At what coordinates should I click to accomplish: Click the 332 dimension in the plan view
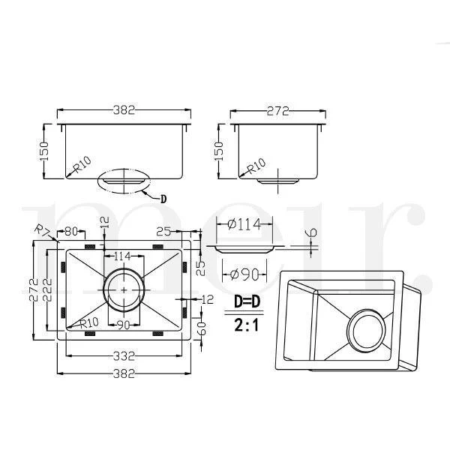click(124, 356)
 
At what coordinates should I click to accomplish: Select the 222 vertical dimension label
click(48, 289)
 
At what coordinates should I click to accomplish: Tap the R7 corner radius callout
click(41, 230)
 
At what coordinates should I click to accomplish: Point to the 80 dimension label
click(71, 231)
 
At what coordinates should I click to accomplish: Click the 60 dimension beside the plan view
click(202, 328)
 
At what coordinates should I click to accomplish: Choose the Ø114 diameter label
click(244, 224)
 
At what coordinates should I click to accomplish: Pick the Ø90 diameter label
click(244, 274)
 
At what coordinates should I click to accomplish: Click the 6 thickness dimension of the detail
click(312, 232)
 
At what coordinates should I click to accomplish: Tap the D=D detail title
click(247, 301)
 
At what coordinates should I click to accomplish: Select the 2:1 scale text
click(247, 325)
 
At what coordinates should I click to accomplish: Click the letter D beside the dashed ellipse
click(163, 199)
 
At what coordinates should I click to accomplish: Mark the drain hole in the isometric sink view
click(368, 331)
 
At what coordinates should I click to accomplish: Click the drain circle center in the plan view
click(124, 289)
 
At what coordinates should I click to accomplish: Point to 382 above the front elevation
click(124, 110)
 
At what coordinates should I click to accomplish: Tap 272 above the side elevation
click(277, 111)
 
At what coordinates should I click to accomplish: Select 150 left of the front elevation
click(44, 151)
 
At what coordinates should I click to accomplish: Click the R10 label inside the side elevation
click(256, 166)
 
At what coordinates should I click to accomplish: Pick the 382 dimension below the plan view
click(124, 373)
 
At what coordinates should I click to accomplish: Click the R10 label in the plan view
click(89, 322)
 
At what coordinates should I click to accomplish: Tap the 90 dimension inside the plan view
click(124, 325)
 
